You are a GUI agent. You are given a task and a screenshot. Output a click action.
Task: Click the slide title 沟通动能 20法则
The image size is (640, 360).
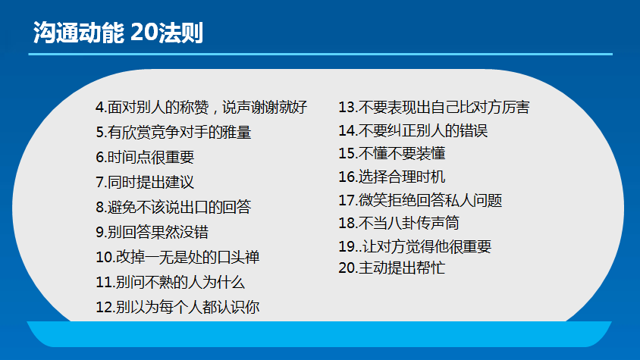(118, 33)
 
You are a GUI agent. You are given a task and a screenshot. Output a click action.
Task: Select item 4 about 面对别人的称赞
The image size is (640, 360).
(201, 108)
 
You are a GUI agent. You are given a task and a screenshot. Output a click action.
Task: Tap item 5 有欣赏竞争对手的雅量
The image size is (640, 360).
(174, 132)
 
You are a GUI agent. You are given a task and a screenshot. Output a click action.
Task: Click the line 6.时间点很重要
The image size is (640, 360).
(145, 157)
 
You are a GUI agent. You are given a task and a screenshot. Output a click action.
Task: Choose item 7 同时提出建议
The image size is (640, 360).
(145, 182)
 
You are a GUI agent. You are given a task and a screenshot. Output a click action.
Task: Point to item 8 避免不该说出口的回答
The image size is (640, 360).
(174, 207)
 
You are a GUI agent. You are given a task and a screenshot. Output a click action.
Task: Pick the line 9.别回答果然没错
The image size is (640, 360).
(152, 232)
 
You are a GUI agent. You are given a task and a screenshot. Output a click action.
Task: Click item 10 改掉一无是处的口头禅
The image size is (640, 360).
(177, 257)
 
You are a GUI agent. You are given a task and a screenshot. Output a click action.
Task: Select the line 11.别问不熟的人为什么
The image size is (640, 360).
(170, 282)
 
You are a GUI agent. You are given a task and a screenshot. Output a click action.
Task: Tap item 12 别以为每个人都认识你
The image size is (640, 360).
(177, 307)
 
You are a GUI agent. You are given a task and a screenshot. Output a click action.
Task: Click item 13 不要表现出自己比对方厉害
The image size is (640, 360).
(434, 108)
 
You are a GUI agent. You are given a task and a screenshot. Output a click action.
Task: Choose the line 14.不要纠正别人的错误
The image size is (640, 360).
(413, 130)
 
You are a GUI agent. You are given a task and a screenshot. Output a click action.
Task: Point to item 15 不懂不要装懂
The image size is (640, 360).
(392, 153)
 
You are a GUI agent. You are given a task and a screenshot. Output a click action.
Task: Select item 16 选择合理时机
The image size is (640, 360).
(392, 177)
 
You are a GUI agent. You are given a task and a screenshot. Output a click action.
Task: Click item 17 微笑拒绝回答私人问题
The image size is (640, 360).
(420, 200)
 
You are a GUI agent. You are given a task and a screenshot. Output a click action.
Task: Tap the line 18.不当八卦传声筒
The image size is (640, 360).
(399, 223)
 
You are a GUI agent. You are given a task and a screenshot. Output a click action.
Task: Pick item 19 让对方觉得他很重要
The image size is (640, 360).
(415, 246)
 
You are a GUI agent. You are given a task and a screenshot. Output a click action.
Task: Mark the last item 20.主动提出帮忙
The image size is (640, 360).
(392, 268)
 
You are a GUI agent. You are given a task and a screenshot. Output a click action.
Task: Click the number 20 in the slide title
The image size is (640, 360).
(144, 33)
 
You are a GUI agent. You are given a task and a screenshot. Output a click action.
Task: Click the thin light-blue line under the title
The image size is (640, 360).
(321, 54)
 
